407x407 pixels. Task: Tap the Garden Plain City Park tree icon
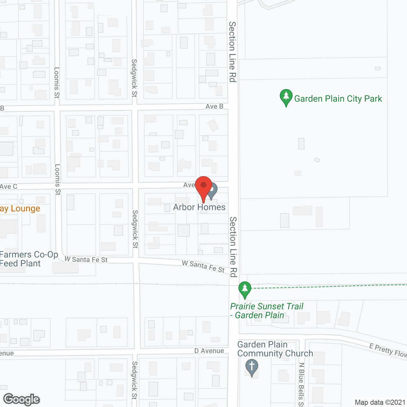(x=286, y=97)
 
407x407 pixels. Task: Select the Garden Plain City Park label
(x=338, y=99)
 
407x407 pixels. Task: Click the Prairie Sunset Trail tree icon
(x=245, y=289)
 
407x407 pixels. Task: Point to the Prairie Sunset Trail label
(x=266, y=311)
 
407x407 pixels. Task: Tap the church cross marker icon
(x=252, y=367)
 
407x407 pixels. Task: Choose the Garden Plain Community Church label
(x=275, y=349)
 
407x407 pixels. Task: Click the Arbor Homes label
(x=199, y=207)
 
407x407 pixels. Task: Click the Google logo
(x=21, y=399)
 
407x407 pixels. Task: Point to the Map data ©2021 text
(x=380, y=403)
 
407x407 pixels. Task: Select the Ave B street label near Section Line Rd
(x=214, y=107)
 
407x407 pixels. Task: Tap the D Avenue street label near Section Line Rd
(x=209, y=351)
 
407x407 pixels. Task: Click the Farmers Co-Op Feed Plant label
(x=29, y=259)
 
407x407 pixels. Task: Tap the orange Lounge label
(x=20, y=209)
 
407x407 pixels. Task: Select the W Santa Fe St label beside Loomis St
(x=86, y=259)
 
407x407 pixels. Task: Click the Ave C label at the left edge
(x=9, y=187)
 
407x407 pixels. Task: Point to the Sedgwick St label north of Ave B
(x=134, y=78)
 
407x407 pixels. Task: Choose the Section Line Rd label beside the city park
(x=233, y=52)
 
